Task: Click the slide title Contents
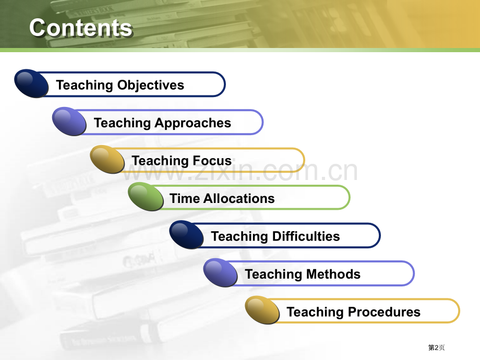click(81, 28)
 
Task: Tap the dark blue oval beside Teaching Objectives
click(31, 83)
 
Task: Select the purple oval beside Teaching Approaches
click(69, 121)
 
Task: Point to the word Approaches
click(193, 123)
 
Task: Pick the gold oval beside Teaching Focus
click(107, 159)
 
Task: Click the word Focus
click(212, 160)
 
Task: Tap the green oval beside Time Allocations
click(146, 197)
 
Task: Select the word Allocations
click(239, 198)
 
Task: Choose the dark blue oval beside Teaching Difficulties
click(187, 235)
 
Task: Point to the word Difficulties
click(306, 236)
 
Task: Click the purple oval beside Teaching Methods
click(221, 273)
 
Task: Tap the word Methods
click(333, 274)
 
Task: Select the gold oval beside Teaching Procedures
click(262, 310)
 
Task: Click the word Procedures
click(384, 312)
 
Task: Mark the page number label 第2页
click(436, 347)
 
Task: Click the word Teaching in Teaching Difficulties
click(239, 237)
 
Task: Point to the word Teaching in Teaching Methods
click(274, 274)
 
